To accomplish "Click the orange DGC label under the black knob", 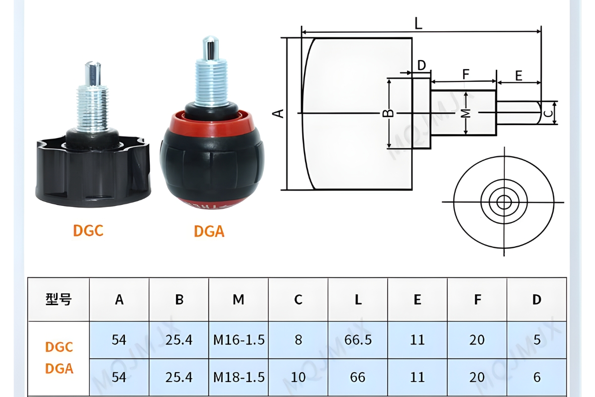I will [88, 231].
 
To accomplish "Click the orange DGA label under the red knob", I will [209, 231].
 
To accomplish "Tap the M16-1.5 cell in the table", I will [238, 340].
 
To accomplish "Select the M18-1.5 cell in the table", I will [238, 378].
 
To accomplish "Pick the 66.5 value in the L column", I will [357, 340].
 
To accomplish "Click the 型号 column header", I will [59, 299].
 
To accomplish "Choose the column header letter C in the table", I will [298, 300].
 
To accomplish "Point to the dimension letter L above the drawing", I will [419, 23].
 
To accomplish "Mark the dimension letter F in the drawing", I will [465, 74].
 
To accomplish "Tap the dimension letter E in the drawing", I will [519, 76].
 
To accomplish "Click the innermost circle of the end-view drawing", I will [504, 202].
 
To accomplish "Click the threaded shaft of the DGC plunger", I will [92, 107].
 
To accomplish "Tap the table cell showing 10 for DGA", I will [298, 378].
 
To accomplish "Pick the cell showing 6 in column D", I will [536, 378].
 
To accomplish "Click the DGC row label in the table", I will [59, 347].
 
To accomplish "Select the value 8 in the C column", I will [298, 340].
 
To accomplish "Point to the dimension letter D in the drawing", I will [421, 66].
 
